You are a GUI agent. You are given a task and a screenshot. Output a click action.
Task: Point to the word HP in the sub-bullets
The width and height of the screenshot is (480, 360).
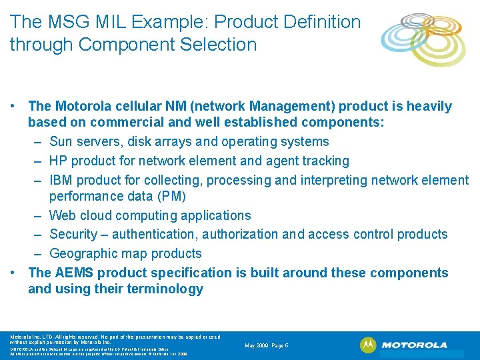point(59,161)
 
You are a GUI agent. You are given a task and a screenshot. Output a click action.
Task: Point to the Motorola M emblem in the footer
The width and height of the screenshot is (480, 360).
point(368,345)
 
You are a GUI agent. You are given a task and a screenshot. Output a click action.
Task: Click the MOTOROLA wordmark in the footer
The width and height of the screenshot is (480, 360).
point(415,345)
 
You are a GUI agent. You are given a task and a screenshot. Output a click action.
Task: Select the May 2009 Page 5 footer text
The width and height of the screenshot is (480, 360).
point(267,345)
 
